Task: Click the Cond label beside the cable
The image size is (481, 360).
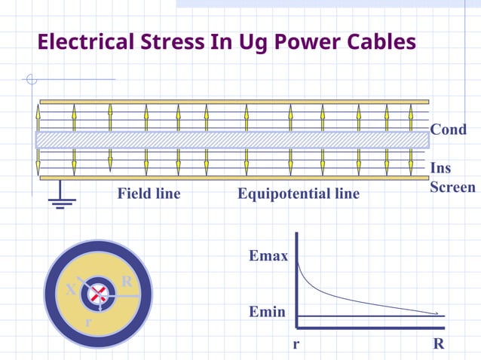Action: point(448,130)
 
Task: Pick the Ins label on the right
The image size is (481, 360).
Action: point(440,168)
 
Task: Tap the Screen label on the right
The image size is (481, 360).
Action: point(452,188)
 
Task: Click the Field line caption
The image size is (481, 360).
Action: point(149,194)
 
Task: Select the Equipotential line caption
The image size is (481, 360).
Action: point(299,194)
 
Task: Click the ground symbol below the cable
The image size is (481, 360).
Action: point(60,201)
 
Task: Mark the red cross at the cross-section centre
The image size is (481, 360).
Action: point(97,295)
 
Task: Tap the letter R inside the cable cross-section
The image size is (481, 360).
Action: point(127,282)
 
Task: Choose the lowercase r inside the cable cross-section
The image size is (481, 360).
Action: point(88,322)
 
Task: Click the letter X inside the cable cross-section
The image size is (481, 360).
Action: point(70,290)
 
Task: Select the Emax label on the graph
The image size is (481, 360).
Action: point(268,257)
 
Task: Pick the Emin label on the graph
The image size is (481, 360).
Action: point(267,310)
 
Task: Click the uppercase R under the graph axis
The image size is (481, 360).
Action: point(438,345)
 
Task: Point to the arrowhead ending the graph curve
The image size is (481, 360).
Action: point(438,313)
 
